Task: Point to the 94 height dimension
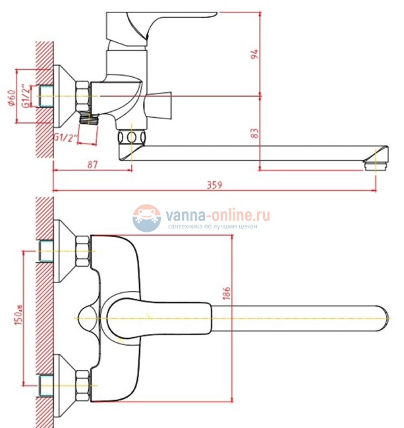(x=255, y=54)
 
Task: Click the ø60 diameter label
(x=11, y=97)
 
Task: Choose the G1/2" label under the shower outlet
(x=65, y=138)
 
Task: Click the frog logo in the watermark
(x=146, y=218)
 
